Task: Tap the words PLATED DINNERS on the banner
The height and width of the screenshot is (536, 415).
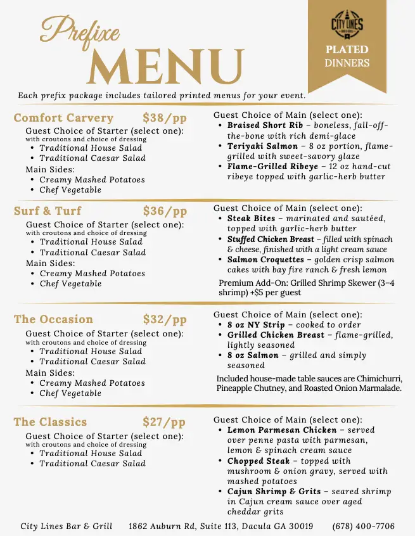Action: (347, 56)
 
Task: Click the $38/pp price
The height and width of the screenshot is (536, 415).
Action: (165, 118)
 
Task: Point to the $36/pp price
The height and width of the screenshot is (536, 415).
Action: (165, 212)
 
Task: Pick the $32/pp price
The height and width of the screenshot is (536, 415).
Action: (165, 320)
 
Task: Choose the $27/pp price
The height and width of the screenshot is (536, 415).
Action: (164, 422)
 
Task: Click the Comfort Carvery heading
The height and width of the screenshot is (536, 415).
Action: (63, 118)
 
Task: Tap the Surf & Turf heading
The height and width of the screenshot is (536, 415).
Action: (48, 212)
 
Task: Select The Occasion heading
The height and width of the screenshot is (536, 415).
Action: (53, 320)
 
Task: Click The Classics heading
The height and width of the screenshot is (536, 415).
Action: (50, 422)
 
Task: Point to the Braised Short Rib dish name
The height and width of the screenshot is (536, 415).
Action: (260, 125)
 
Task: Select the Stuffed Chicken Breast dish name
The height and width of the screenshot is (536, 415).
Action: (271, 239)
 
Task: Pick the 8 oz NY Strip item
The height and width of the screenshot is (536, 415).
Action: (256, 325)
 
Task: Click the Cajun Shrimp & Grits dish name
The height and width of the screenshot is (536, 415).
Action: (274, 492)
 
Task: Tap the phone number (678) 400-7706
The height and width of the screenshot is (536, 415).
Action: (363, 526)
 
